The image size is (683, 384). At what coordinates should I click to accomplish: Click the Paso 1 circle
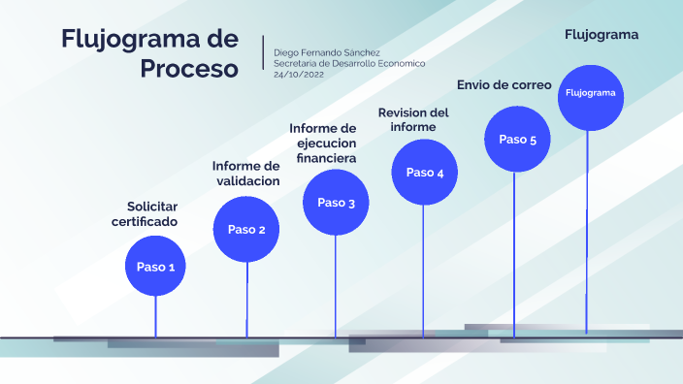point(155,267)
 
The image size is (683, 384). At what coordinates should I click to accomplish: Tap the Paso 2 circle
point(246,230)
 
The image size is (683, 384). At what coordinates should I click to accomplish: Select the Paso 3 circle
point(336,203)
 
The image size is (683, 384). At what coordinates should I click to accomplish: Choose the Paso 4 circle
point(424,173)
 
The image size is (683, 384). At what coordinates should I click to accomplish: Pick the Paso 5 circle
point(517,140)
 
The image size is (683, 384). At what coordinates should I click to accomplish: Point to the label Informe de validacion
point(246,174)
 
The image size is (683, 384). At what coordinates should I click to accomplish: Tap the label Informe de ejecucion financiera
point(324,143)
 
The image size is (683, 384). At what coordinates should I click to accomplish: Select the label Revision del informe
point(413,119)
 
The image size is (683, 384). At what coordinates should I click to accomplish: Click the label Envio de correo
point(504,84)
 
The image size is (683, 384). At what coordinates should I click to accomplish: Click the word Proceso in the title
point(188,69)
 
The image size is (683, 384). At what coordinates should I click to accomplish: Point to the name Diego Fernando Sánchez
point(327,51)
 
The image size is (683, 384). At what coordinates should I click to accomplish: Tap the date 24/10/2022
point(299,74)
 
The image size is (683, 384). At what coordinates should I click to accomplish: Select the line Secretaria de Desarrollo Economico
point(349,63)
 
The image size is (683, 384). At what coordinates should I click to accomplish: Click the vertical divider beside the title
point(263,53)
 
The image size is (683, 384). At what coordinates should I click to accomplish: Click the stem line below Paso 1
point(155,315)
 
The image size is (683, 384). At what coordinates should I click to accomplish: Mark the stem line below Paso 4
point(424,272)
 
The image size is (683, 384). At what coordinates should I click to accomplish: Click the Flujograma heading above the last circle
point(602,35)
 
